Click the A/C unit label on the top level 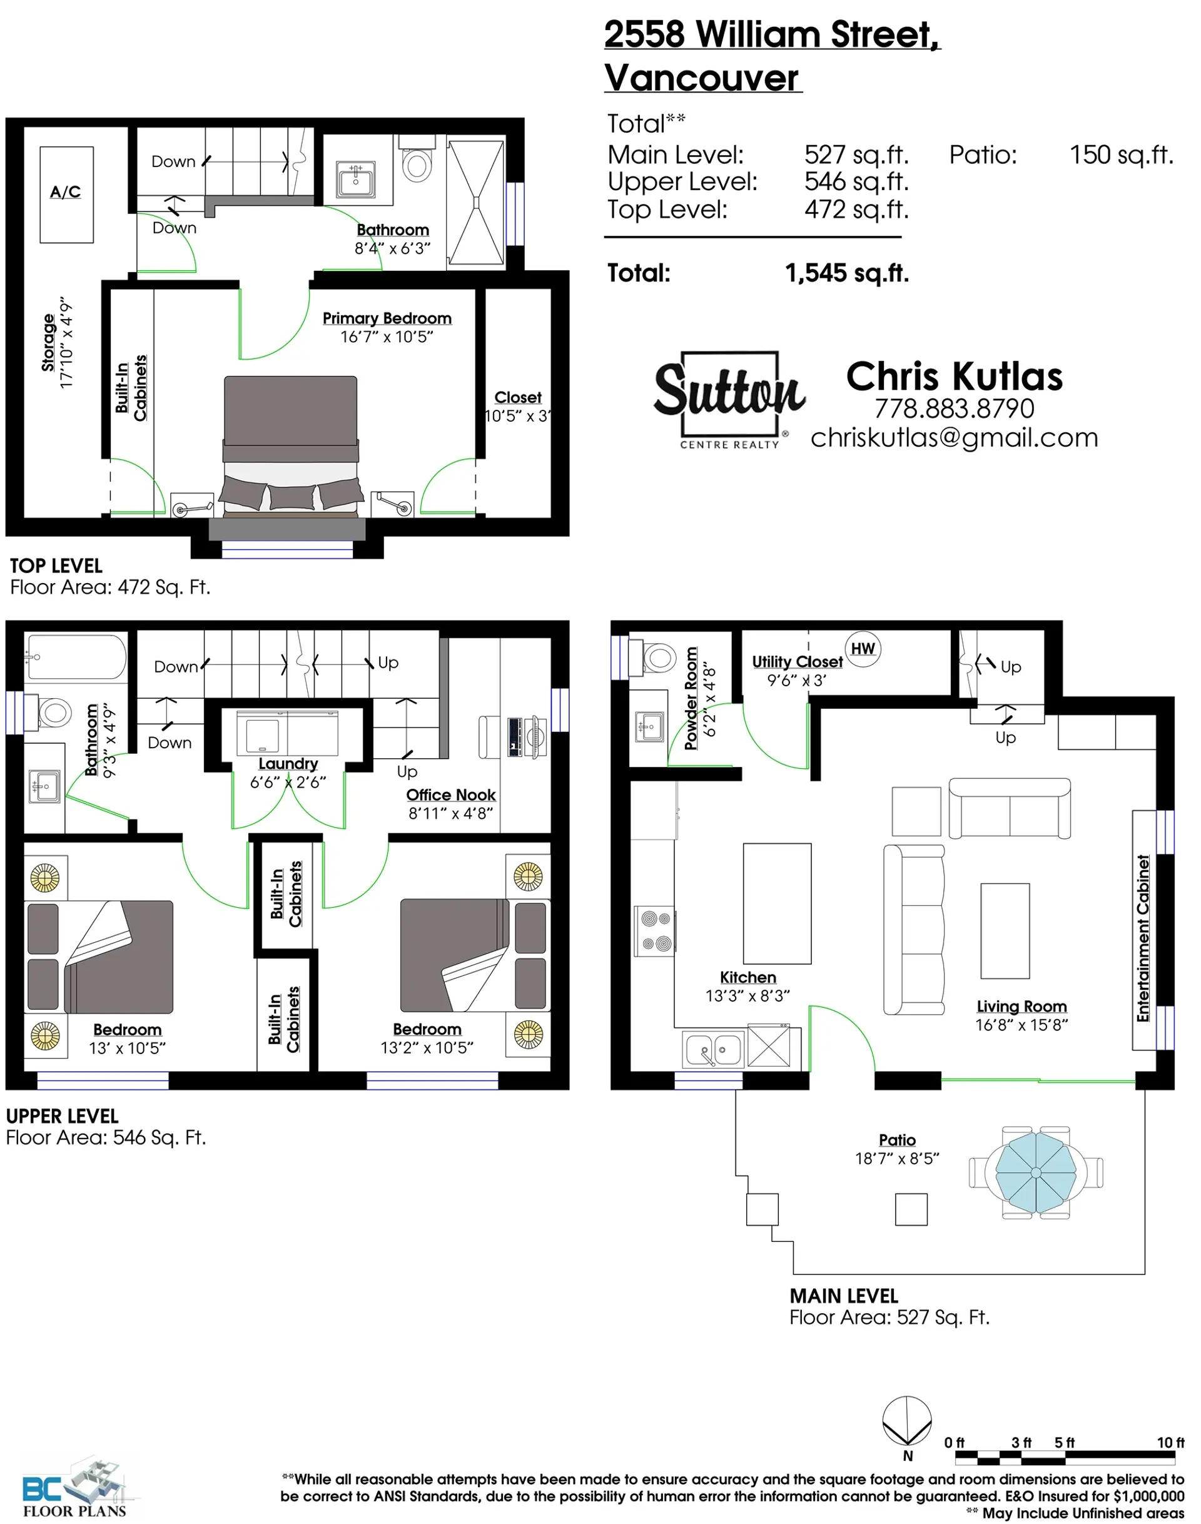[x=66, y=192]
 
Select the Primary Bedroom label [x=387, y=318]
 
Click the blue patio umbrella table [x=1036, y=1172]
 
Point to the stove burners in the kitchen [x=656, y=930]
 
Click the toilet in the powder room [x=658, y=658]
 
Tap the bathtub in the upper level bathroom [x=75, y=657]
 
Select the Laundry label [x=288, y=764]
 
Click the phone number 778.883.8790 [x=954, y=409]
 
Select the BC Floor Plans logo [x=76, y=1488]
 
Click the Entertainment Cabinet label [x=1143, y=938]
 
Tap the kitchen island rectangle [x=777, y=903]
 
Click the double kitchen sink [x=714, y=1050]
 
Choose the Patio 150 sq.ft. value [x=1121, y=155]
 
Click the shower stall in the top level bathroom [x=476, y=203]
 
